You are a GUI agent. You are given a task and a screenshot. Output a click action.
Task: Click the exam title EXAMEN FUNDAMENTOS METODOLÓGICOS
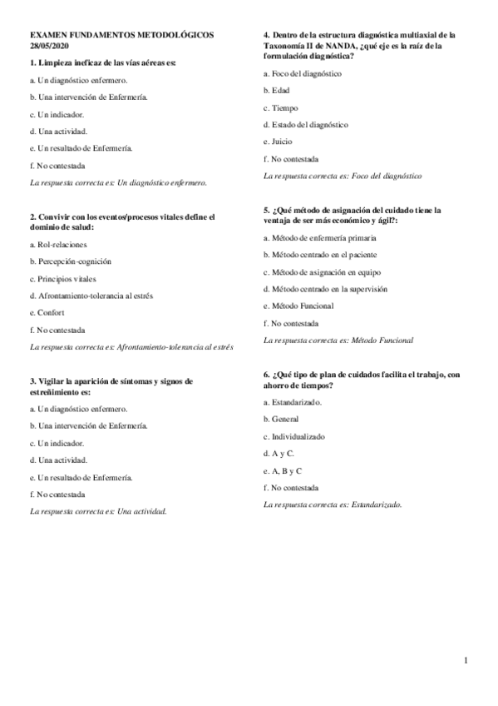click(x=121, y=36)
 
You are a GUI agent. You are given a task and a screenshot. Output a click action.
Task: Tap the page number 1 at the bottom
click(x=466, y=661)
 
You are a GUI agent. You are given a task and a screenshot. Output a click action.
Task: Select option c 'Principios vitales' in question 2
click(x=62, y=278)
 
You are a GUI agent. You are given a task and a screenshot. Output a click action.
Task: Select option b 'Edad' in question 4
click(x=280, y=90)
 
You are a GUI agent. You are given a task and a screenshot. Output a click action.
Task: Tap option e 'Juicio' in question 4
click(x=282, y=142)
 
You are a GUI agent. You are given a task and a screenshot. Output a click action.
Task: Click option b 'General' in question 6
click(x=284, y=419)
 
